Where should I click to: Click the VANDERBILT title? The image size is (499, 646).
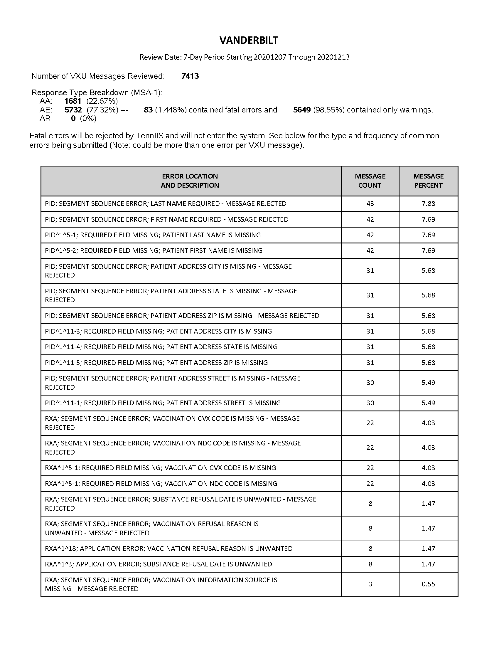(x=249, y=40)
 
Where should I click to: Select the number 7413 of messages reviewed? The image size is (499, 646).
(x=190, y=76)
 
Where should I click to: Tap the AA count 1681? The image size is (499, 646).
(x=73, y=101)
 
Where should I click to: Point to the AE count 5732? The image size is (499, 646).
(x=73, y=110)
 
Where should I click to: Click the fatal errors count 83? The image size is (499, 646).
(x=148, y=110)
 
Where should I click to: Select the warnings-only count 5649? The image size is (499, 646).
(x=302, y=110)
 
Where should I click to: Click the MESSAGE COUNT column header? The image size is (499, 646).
(x=370, y=181)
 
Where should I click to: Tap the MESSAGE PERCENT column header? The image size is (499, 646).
(x=428, y=181)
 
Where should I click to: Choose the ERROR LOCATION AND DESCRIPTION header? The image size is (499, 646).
(x=190, y=181)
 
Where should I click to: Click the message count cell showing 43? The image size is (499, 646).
(x=370, y=203)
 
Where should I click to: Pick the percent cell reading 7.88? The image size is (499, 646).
(x=428, y=203)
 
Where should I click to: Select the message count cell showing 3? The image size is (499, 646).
(x=370, y=584)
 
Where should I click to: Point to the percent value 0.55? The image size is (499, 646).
(x=428, y=584)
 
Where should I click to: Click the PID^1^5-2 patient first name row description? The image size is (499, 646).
(x=154, y=250)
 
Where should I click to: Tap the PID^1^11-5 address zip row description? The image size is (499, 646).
(x=156, y=363)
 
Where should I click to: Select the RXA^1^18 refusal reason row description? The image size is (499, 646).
(x=169, y=549)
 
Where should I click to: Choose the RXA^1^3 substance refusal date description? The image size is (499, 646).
(x=159, y=564)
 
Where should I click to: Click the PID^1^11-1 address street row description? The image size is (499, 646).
(x=163, y=403)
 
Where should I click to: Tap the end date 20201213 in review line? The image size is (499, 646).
(x=333, y=57)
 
